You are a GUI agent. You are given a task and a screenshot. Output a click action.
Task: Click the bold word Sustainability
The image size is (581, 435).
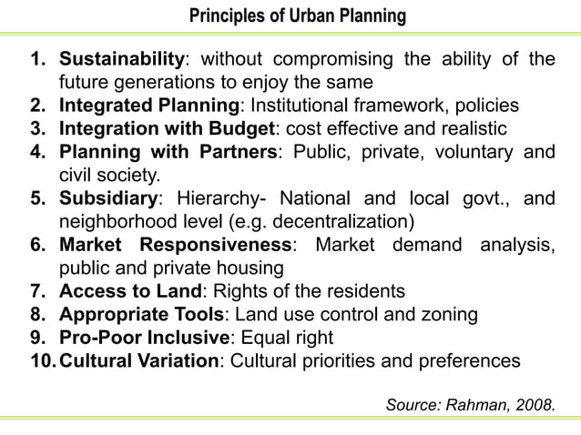122,60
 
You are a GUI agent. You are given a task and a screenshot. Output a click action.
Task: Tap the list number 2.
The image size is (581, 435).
37,106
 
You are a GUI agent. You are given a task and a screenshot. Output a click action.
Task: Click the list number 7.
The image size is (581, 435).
37,291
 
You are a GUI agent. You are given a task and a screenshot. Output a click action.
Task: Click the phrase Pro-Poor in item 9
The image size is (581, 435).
97,338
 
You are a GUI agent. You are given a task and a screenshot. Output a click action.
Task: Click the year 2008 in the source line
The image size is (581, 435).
532,403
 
